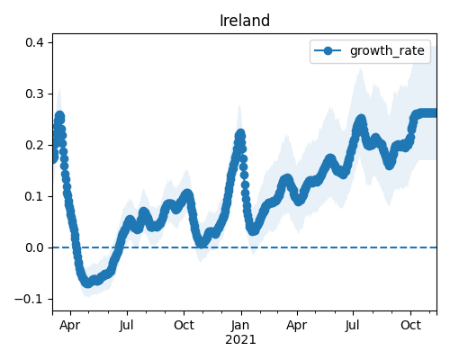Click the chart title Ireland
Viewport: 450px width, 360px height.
[245, 21]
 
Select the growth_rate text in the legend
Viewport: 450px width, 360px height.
[387, 50]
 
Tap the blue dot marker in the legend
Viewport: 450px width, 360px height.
[328, 50]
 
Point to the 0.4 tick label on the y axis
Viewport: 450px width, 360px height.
[34, 42]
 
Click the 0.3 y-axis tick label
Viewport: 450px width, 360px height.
[34, 94]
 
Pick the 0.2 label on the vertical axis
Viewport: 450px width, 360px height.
[34, 145]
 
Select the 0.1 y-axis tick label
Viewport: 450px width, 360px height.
[34, 196]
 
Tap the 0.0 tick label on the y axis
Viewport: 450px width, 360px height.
[34, 247]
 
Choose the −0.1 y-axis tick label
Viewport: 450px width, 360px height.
[29, 299]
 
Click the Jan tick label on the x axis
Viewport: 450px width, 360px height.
[240, 325]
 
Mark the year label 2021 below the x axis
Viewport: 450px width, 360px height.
[240, 340]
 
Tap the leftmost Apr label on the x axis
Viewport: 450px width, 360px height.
[70, 326]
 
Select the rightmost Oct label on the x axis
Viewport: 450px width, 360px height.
[410, 325]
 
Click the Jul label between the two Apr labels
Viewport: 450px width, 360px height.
[127, 326]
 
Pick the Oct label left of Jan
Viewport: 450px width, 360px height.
[184, 325]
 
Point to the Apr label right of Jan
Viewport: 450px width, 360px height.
[297, 326]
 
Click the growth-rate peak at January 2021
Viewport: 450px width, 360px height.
[240, 134]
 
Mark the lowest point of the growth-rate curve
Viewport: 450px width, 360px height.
[87, 283]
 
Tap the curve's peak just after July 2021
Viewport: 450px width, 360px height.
[361, 120]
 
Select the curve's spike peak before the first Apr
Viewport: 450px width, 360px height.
[59, 116]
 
